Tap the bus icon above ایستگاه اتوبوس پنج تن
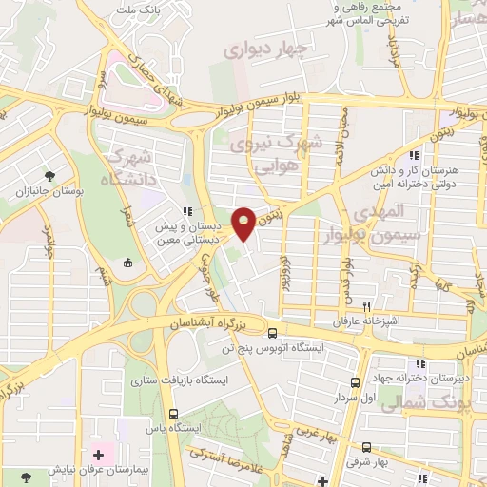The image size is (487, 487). tap(273, 334)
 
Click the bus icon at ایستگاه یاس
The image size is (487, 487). tap(173, 414)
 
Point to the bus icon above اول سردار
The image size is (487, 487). tap(355, 382)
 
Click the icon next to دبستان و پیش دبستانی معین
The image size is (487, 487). tap(187, 212)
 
